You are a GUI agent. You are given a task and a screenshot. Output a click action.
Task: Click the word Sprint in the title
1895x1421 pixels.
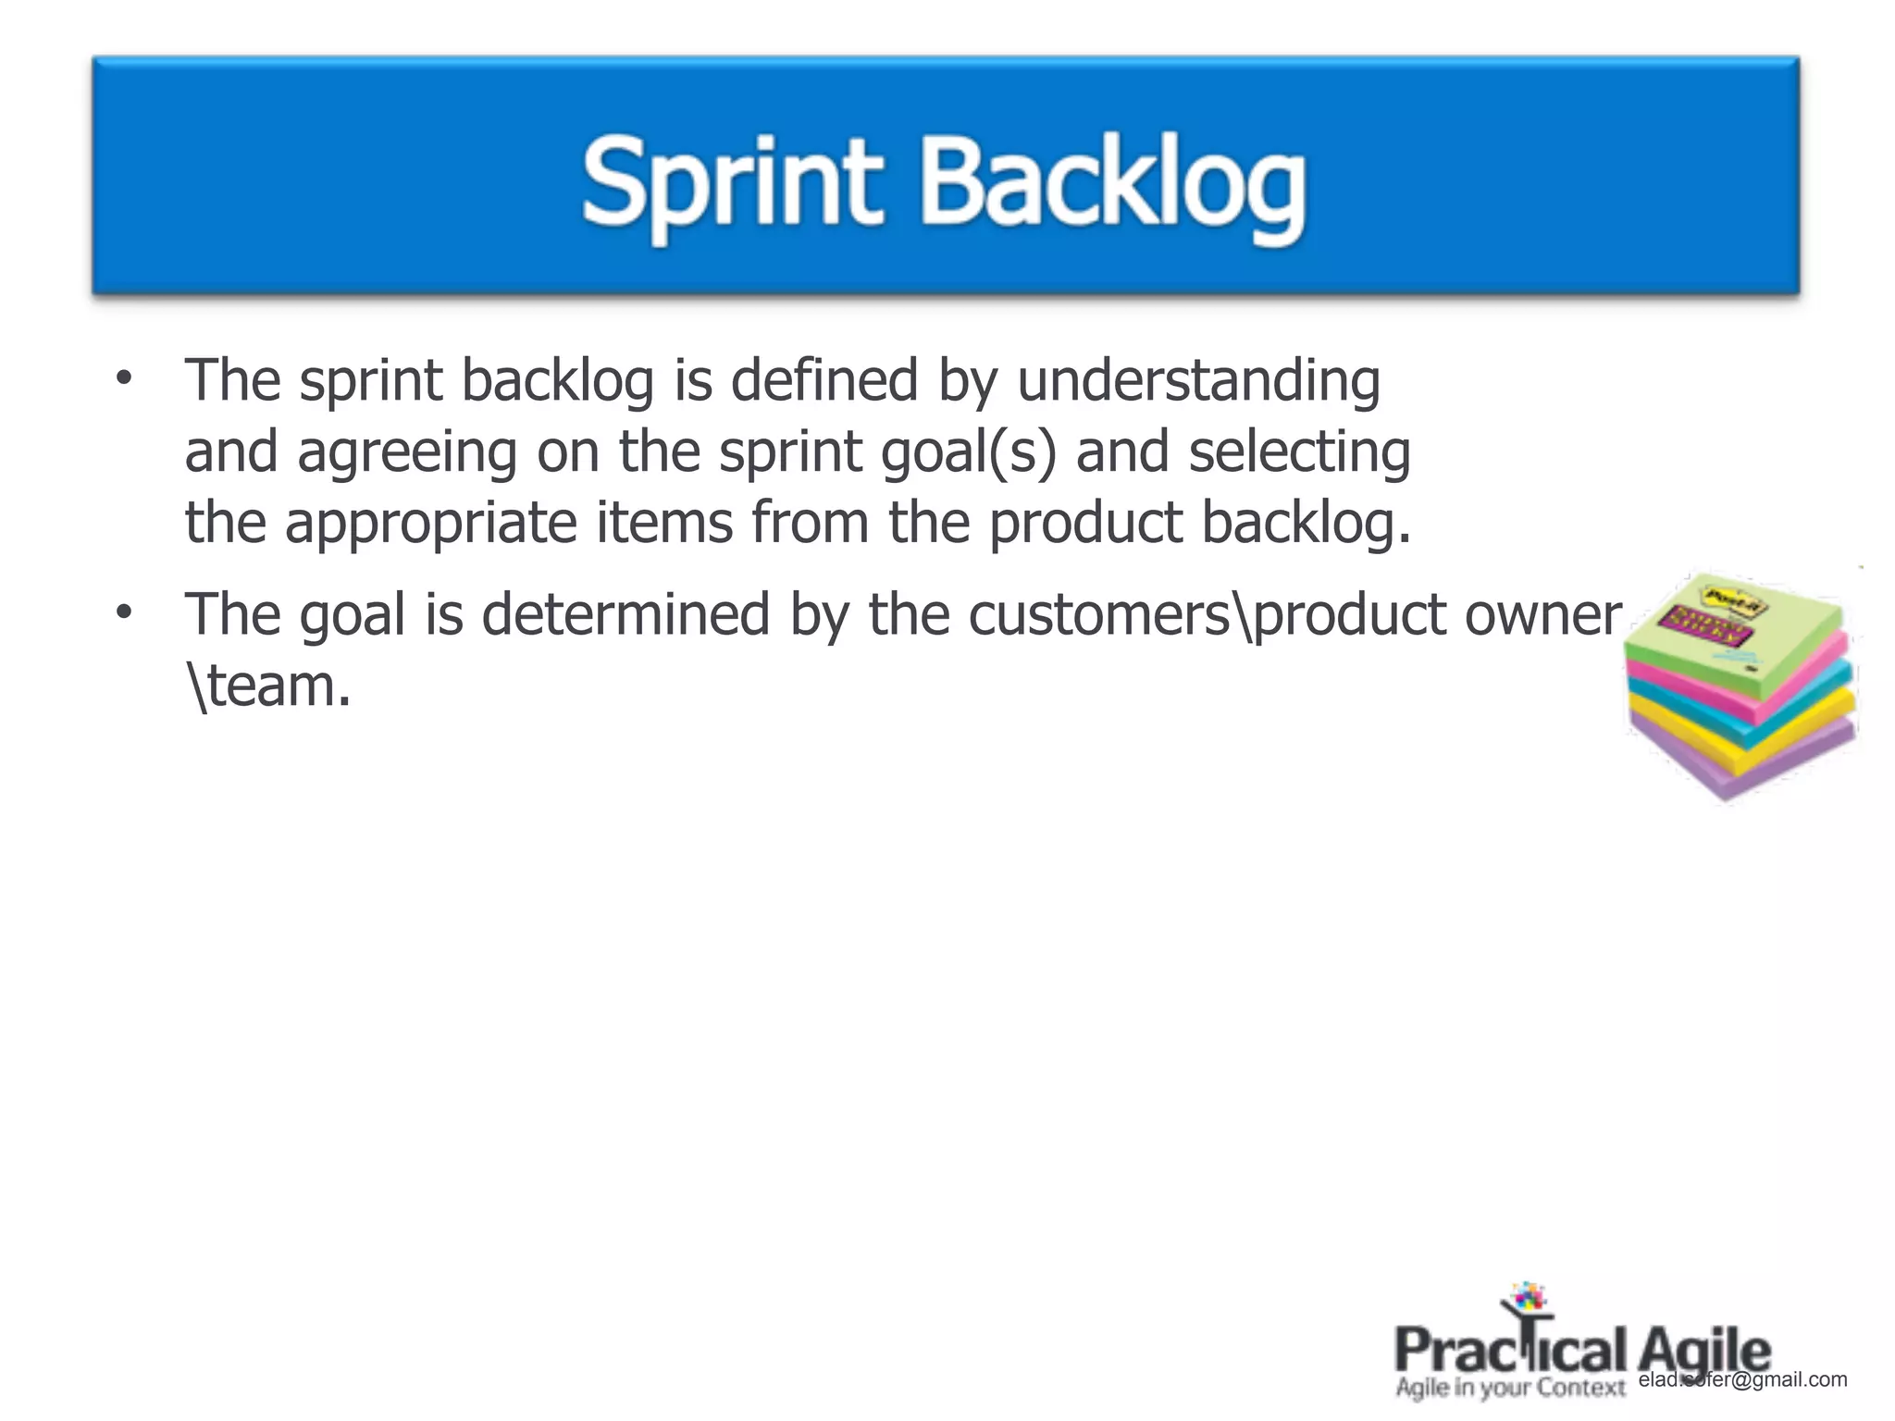pyautogui.click(x=731, y=183)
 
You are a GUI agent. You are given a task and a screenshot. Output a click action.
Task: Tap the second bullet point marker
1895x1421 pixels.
pyautogui.click(x=124, y=612)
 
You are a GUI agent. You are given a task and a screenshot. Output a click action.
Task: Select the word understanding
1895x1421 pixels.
pyautogui.click(x=1198, y=381)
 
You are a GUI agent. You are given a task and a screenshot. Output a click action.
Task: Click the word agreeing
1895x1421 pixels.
pyautogui.click(x=406, y=453)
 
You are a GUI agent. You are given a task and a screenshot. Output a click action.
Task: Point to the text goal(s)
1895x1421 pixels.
pyautogui.click(x=968, y=453)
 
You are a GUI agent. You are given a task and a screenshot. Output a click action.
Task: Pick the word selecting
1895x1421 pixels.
pyautogui.click(x=1299, y=453)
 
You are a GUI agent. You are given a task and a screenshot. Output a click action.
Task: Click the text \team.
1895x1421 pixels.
pyautogui.click(x=268, y=686)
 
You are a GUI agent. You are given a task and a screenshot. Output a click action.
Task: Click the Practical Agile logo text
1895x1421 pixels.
pyautogui.click(x=1582, y=1352)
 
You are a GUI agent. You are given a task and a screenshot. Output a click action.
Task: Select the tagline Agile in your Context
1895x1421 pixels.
pyautogui.click(x=1510, y=1389)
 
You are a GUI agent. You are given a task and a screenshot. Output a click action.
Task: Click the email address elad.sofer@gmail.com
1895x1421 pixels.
pyautogui.click(x=1742, y=1380)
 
